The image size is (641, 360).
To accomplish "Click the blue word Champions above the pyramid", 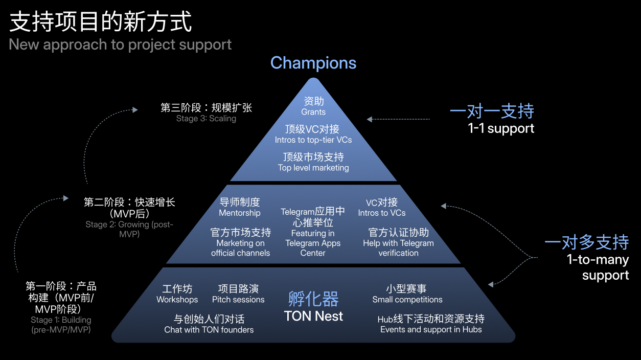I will point(313,63).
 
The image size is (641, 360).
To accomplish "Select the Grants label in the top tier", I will point(313,112).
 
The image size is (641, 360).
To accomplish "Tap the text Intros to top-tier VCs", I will point(313,140).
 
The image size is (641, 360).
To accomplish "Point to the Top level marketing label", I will point(313,168).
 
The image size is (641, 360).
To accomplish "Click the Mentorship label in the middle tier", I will point(240,213).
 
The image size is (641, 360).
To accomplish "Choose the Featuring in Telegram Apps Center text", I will point(313,243).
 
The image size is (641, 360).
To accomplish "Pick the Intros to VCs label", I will point(382,213).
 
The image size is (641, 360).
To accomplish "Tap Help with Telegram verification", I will point(398,248).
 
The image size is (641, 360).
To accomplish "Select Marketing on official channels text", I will point(240,248).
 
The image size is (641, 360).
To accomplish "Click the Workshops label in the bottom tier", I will point(177,300).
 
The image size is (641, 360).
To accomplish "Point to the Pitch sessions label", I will point(238,300).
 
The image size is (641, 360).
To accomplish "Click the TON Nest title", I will point(313,317).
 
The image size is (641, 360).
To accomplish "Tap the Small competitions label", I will point(407,300).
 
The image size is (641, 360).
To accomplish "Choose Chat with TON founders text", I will point(209,330).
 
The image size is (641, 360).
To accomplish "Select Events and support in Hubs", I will point(431,330).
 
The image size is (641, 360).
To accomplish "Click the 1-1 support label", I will point(501,128).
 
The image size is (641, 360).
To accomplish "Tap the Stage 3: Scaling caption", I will point(206,119).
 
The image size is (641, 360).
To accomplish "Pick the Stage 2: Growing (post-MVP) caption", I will point(129,229).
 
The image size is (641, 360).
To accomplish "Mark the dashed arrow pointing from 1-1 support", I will point(399,120).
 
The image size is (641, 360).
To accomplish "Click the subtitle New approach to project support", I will point(120,44).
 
